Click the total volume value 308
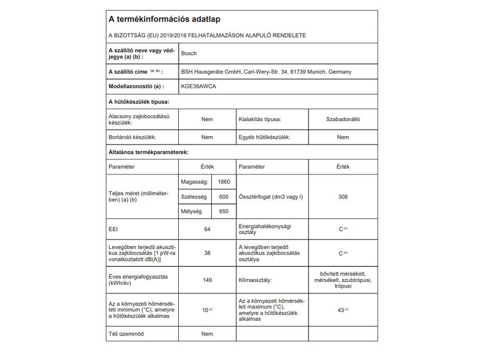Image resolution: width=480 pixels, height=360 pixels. coord(343,197)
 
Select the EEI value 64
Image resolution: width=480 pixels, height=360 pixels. coord(207,229)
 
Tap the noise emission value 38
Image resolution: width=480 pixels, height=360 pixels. coord(207,253)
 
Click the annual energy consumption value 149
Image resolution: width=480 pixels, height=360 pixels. coord(207,280)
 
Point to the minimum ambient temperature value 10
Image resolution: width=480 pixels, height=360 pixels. coord(206,310)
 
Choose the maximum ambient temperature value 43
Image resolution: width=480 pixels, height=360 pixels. coord(341,310)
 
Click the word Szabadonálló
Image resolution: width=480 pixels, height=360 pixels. coord(343,119)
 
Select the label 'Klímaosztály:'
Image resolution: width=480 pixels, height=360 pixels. coord(256,280)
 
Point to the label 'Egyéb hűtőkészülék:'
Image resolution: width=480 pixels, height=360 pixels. coord(265,137)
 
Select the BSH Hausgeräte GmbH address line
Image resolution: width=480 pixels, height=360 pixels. coord(266,71)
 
